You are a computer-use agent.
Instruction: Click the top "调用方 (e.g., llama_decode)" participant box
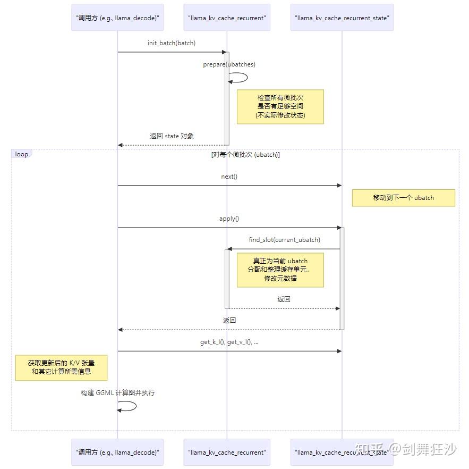pyautogui.click(x=117, y=18)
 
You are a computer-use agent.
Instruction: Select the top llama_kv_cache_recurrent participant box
pyautogui.click(x=227, y=18)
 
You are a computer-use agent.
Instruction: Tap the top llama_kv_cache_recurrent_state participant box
pyautogui.click(x=342, y=18)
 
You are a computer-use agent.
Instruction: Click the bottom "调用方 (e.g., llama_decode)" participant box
pyautogui.click(x=117, y=453)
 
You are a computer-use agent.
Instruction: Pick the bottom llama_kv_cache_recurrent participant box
pyautogui.click(x=227, y=453)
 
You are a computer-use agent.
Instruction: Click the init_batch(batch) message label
pyautogui.click(x=171, y=43)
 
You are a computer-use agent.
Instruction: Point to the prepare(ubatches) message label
pyautogui.click(x=229, y=64)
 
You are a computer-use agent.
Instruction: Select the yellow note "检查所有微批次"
pyautogui.click(x=280, y=106)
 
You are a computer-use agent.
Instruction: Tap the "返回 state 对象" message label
pyautogui.click(x=172, y=136)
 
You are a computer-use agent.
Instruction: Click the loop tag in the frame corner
pyautogui.click(x=22, y=154)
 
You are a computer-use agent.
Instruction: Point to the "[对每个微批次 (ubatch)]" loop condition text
pyautogui.click(x=245, y=155)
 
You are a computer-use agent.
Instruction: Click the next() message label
pyautogui.click(x=229, y=176)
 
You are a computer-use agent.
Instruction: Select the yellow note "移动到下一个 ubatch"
pyautogui.click(x=403, y=198)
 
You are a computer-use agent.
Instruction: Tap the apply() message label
pyautogui.click(x=229, y=219)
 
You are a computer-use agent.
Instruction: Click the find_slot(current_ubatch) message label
pyautogui.click(x=284, y=240)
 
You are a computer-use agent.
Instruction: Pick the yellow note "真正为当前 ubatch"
pyautogui.click(x=280, y=270)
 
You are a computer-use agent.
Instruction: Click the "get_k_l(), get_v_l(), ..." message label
pyautogui.click(x=229, y=342)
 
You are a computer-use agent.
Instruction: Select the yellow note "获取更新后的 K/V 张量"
pyautogui.click(x=61, y=367)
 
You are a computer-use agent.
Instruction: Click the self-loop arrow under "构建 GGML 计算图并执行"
pyautogui.click(x=129, y=406)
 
